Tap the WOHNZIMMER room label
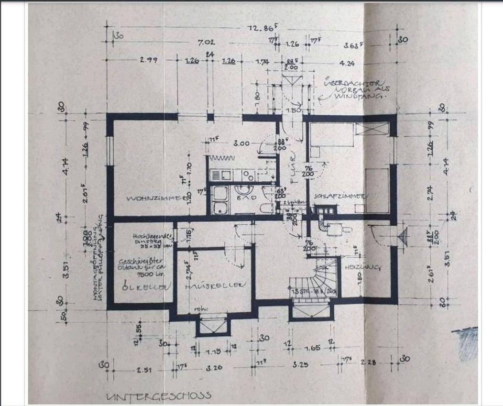155,199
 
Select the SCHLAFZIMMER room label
340,196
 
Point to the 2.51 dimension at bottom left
145,370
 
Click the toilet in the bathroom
267,208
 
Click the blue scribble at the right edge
468,343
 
